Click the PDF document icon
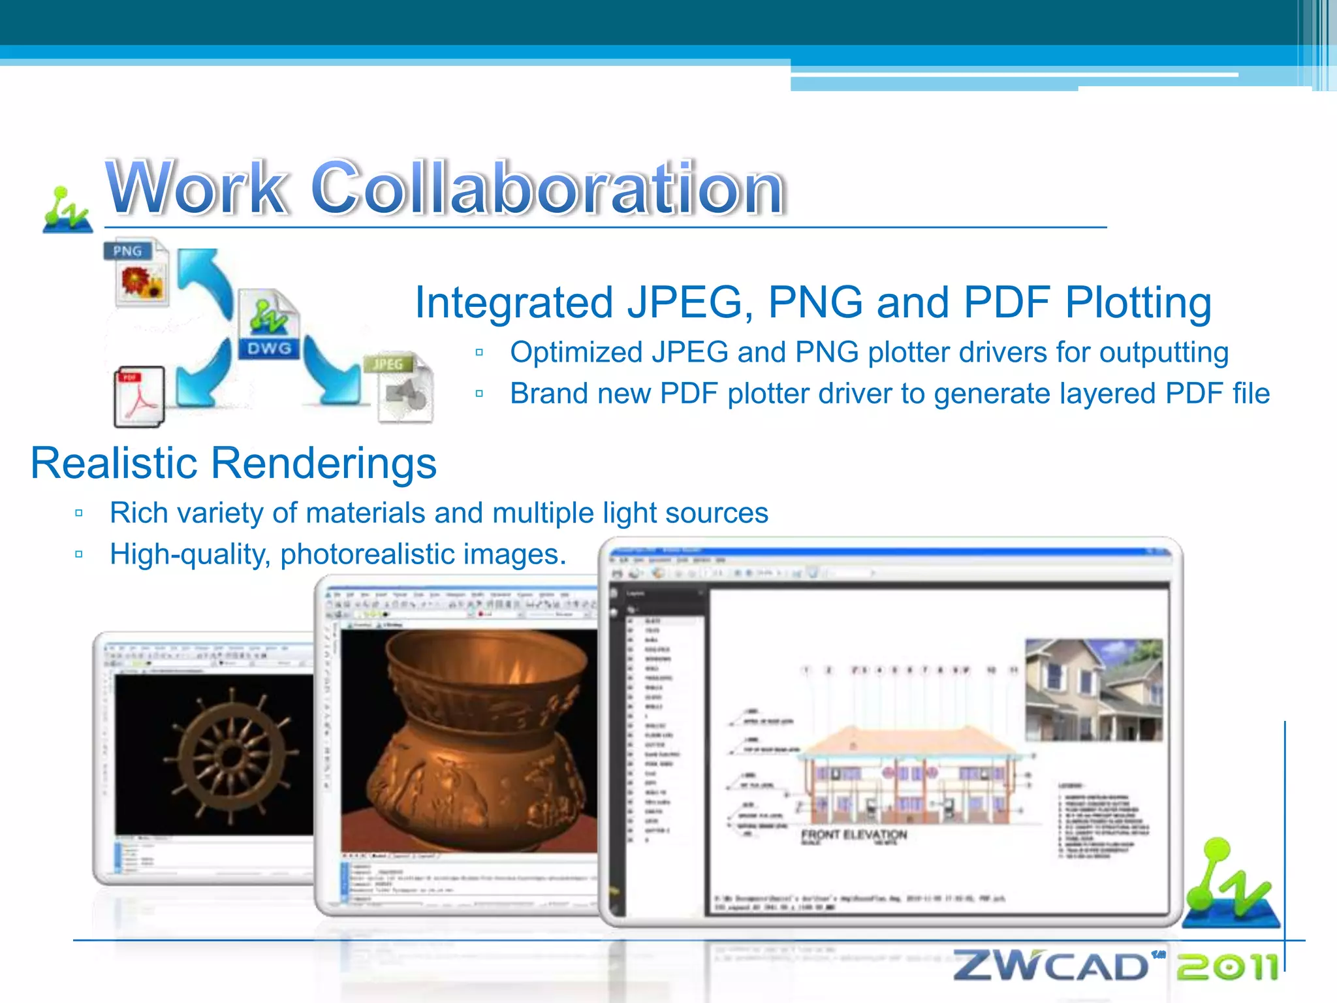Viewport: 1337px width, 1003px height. pyautogui.click(x=139, y=396)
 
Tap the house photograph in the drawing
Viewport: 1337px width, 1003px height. pyautogui.click(x=1093, y=690)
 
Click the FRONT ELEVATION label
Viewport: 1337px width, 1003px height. pyautogui.click(x=854, y=835)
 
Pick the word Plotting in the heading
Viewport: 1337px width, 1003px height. pyautogui.click(x=1139, y=302)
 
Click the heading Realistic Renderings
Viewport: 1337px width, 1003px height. pyautogui.click(x=233, y=463)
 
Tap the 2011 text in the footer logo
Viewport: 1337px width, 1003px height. pyautogui.click(x=1227, y=966)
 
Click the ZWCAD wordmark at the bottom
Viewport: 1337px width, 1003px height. pyautogui.click(x=1051, y=966)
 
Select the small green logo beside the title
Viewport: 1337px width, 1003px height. pyautogui.click(x=67, y=210)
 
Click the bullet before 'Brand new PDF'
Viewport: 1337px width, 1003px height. pyautogui.click(x=480, y=394)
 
